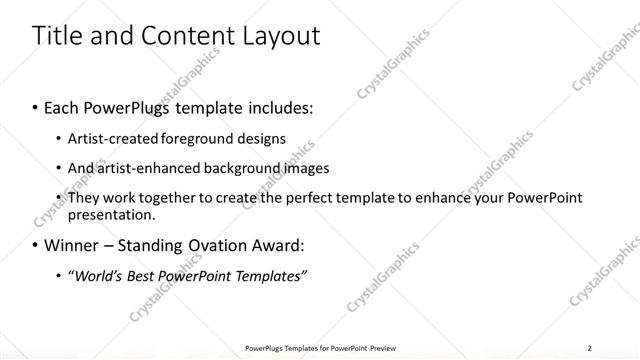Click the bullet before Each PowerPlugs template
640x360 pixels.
[36, 105]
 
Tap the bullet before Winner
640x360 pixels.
[36, 245]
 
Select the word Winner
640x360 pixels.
[74, 245]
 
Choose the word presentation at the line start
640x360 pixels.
[110, 215]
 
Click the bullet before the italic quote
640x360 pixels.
[58, 275]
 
